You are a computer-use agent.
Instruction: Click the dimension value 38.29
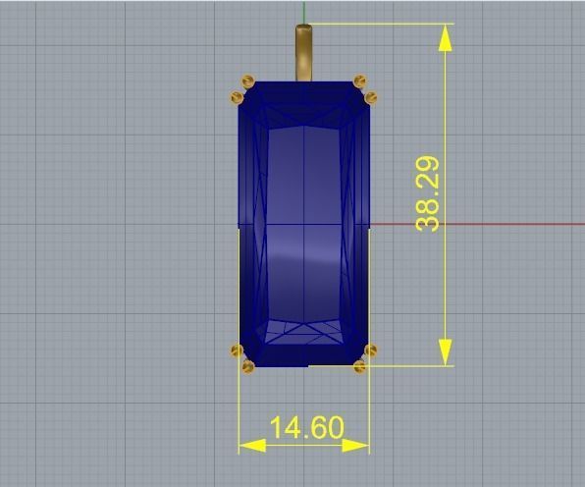pyautogui.click(x=429, y=194)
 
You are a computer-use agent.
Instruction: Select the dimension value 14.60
pyautogui.click(x=306, y=428)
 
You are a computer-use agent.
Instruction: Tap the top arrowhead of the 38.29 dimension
pyautogui.click(x=446, y=37)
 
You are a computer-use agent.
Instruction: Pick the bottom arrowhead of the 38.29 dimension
pyautogui.click(x=446, y=352)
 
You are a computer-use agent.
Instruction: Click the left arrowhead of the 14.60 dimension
pyautogui.click(x=252, y=445)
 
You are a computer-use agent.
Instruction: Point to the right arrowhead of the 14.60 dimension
pyautogui.click(x=356, y=445)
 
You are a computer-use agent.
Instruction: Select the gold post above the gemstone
pyautogui.click(x=304, y=53)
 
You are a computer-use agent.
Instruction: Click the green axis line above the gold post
pyautogui.click(x=304, y=12)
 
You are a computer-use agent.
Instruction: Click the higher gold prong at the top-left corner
pyautogui.click(x=247, y=81)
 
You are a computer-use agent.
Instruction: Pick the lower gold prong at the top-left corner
pyautogui.click(x=236, y=96)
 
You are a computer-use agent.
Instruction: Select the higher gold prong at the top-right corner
pyautogui.click(x=359, y=81)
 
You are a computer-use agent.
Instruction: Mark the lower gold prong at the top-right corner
pyautogui.click(x=370, y=96)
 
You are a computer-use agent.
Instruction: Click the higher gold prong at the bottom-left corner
pyautogui.click(x=236, y=351)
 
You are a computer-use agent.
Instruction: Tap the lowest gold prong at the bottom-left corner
pyautogui.click(x=247, y=366)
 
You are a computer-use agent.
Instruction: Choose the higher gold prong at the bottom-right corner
pyautogui.click(x=370, y=351)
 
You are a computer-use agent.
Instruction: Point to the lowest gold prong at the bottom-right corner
pyautogui.click(x=359, y=366)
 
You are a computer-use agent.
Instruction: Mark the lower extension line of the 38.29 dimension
pyautogui.click(x=412, y=366)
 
